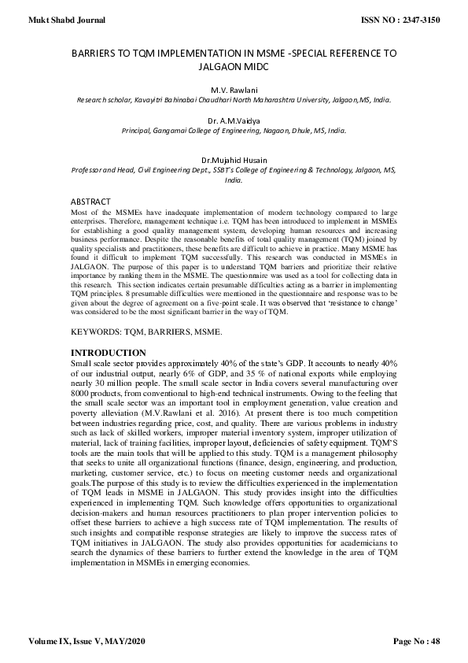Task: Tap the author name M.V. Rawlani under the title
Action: pyautogui.click(x=234, y=91)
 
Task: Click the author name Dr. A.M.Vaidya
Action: pyautogui.click(x=234, y=120)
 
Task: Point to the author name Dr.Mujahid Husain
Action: pyautogui.click(x=234, y=160)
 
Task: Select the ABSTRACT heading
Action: pyautogui.click(x=91, y=202)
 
